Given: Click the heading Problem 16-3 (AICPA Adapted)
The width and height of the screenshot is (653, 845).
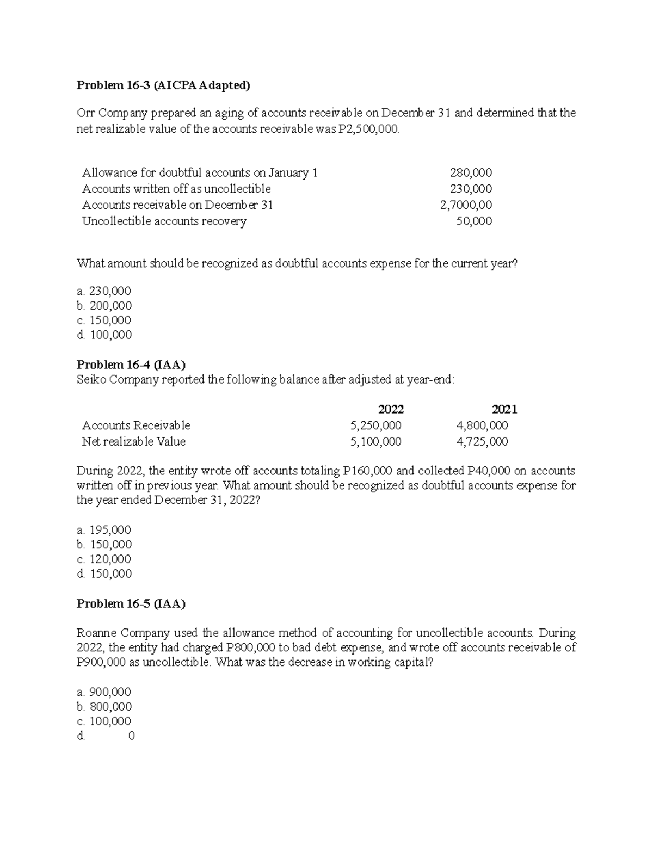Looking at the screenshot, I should tap(164, 85).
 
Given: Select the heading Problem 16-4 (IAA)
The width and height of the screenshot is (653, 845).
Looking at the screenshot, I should tap(131, 365).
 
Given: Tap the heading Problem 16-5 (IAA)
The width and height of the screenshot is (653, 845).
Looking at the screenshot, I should tap(131, 603).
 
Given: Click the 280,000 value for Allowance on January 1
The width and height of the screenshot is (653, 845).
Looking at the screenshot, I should tap(471, 173).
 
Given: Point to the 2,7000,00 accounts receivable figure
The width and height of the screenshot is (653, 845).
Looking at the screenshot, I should tap(466, 205).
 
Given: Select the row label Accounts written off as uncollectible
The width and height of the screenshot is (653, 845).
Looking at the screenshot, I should tap(176, 189).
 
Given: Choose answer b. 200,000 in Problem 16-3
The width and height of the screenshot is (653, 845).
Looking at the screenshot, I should tap(104, 306).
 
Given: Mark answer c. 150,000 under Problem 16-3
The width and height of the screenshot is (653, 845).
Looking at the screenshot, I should tap(104, 320).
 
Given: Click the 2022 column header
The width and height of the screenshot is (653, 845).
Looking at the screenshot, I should tap(391, 409).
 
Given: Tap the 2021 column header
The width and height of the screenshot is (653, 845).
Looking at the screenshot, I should tap(504, 409).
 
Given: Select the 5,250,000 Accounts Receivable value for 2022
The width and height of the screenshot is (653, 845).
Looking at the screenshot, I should tap(376, 425).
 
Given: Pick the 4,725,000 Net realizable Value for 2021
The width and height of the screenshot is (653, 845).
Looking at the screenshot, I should tap(482, 441).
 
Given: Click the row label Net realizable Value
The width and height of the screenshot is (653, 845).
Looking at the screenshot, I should tap(134, 441).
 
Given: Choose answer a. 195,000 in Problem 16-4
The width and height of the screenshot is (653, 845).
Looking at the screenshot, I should tap(104, 530).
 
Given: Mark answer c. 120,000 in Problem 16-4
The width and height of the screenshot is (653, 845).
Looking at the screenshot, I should tap(104, 559).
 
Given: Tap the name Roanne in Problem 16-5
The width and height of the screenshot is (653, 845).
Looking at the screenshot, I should tap(96, 633).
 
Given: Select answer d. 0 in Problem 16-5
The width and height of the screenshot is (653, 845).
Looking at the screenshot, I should tap(107, 736).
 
